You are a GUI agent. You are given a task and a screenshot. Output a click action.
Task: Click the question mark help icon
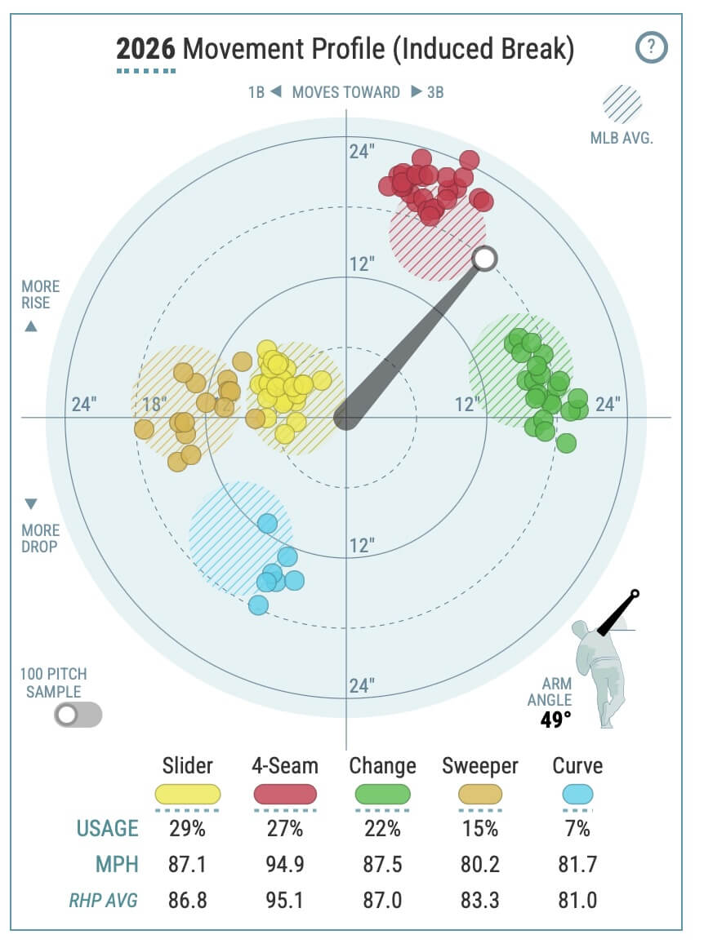[651, 47]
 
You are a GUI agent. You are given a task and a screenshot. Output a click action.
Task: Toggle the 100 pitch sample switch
[78, 715]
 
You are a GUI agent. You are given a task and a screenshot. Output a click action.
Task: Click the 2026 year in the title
[145, 50]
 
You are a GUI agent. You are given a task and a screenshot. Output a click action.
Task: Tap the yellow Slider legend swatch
[188, 794]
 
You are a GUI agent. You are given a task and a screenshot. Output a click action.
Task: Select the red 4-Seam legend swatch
[285, 794]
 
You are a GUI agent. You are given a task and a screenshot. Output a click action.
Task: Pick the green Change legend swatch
[381, 794]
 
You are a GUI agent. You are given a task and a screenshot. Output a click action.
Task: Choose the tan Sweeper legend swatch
[479, 794]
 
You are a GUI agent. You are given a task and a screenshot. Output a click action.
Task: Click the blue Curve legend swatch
[577, 794]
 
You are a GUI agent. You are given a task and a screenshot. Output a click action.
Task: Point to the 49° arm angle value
[555, 720]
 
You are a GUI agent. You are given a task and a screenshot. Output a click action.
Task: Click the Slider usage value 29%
[188, 829]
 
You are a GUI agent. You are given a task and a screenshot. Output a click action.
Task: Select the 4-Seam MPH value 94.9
[285, 865]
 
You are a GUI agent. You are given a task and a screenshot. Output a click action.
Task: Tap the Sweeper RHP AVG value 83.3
[479, 900]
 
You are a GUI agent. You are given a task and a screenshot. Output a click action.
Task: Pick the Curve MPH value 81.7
[577, 865]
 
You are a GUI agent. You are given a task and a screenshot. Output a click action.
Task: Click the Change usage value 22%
[381, 829]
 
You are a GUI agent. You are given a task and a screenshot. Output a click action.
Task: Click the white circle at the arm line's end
[484, 259]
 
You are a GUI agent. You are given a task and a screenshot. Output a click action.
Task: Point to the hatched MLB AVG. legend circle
[622, 104]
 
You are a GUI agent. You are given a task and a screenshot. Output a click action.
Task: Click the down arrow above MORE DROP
[31, 503]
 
